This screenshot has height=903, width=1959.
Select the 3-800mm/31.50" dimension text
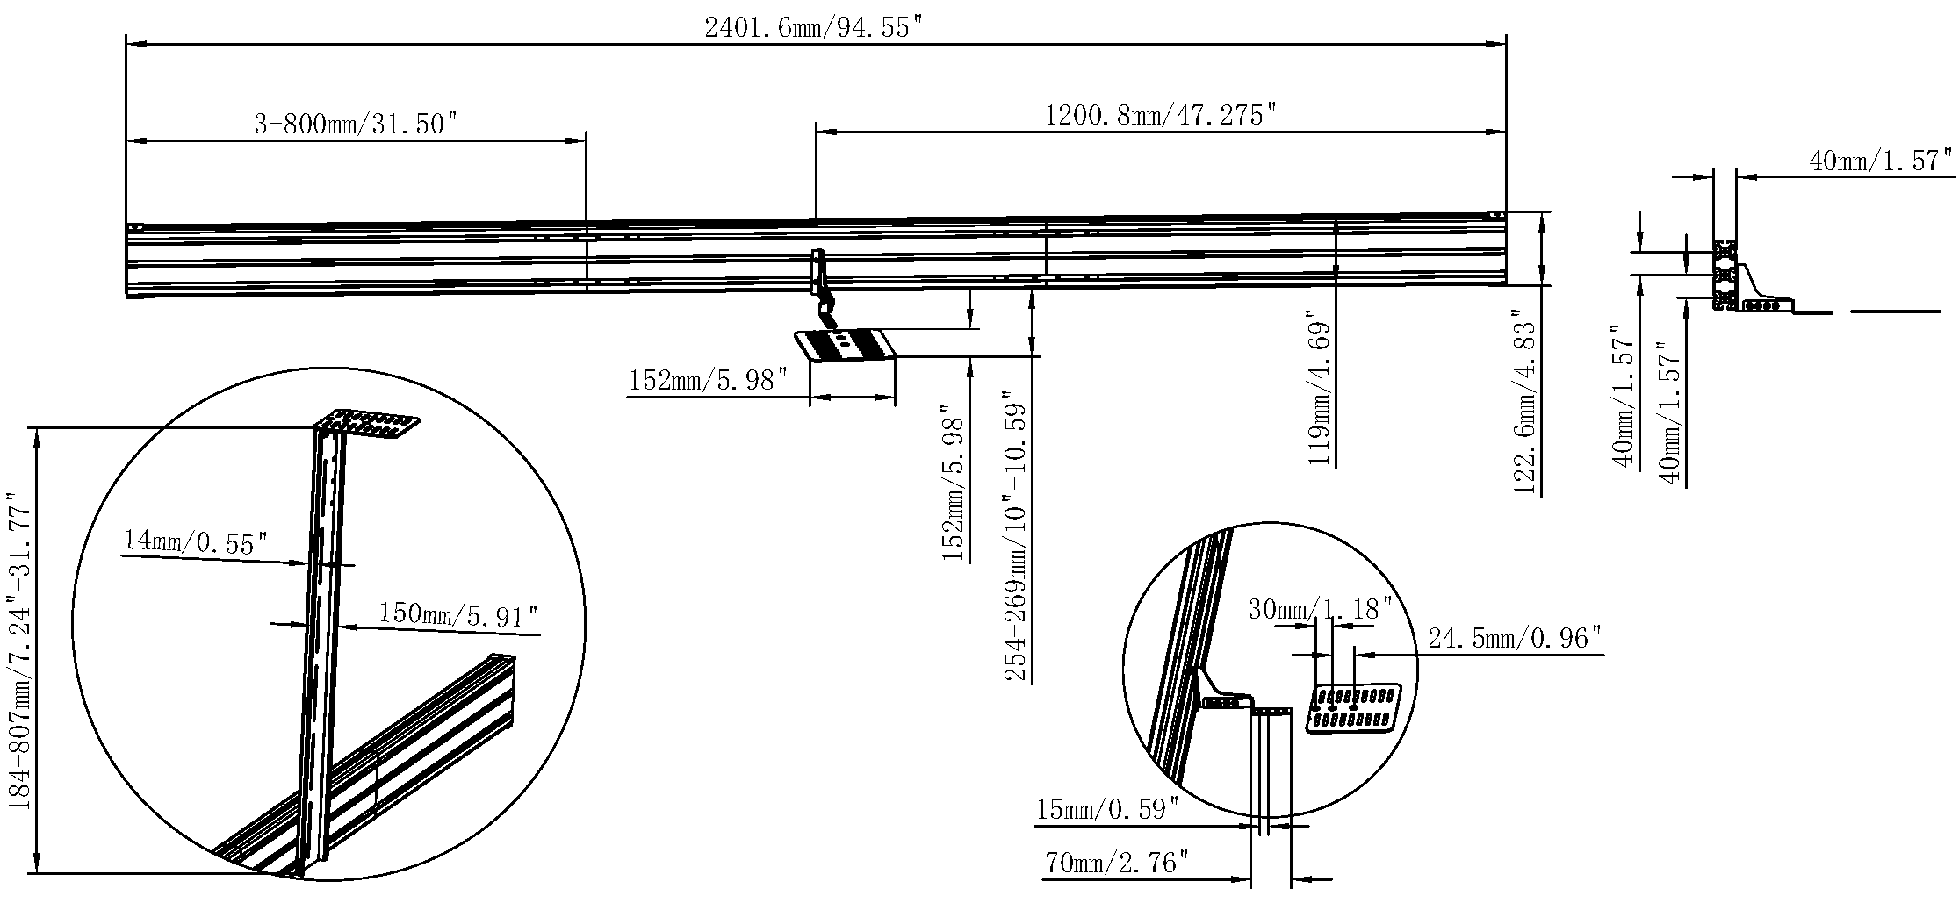357,124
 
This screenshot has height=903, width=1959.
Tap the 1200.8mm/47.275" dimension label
1159,115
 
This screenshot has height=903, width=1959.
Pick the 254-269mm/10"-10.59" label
1017,536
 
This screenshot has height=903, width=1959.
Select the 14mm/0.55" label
194,541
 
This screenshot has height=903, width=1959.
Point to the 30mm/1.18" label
1321,608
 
